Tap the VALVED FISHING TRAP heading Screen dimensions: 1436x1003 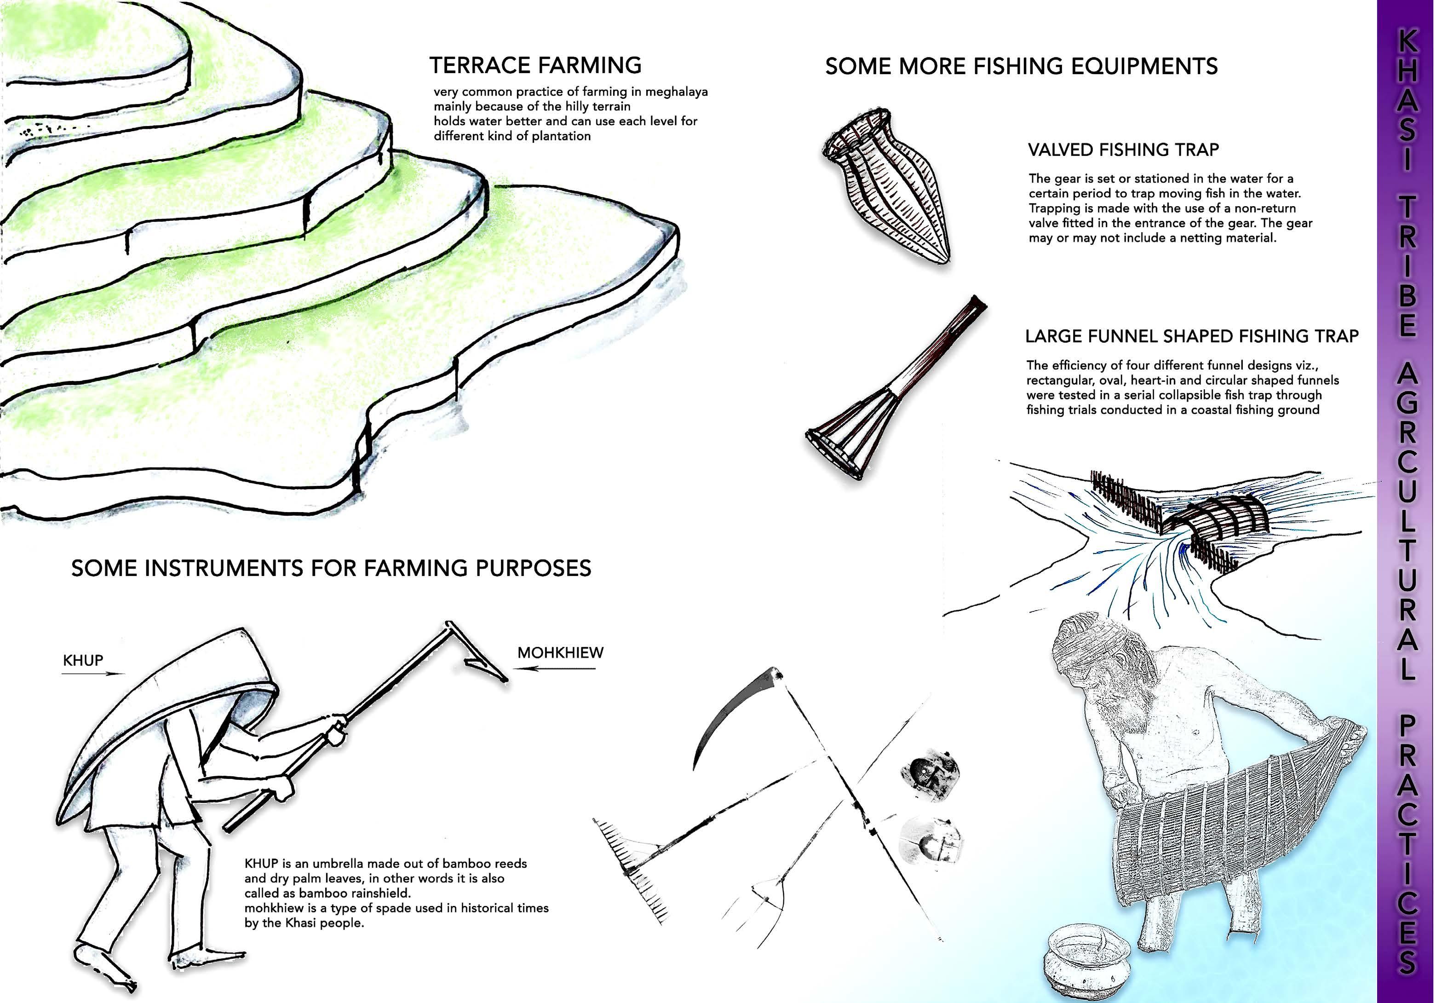coord(1123,150)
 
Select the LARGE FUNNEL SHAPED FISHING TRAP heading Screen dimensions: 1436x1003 coord(1191,337)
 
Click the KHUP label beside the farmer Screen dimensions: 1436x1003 coord(83,661)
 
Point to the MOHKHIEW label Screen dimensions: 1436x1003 coord(560,652)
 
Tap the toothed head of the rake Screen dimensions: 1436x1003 coord(629,870)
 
